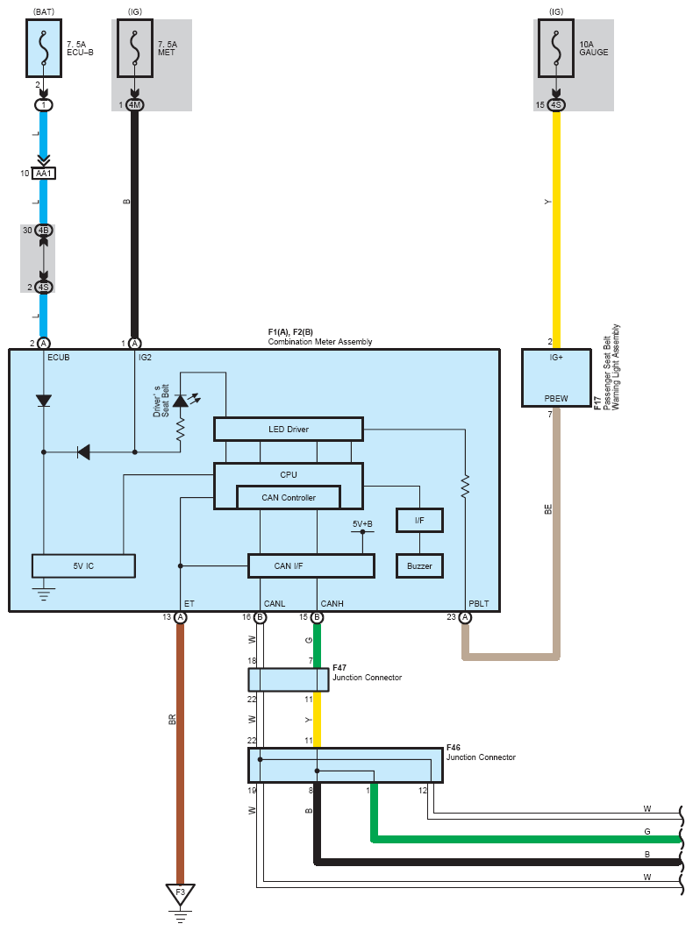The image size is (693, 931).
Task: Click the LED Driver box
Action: click(288, 429)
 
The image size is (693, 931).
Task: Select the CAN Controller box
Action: click(288, 497)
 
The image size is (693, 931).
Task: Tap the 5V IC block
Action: click(83, 565)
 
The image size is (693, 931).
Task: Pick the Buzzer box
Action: click(419, 565)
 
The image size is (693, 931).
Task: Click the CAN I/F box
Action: click(311, 565)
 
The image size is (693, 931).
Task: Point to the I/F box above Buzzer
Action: click(419, 521)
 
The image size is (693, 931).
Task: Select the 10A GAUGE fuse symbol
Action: click(555, 46)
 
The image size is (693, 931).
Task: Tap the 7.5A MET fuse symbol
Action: click(134, 46)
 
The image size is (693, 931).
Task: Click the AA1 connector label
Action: click(44, 174)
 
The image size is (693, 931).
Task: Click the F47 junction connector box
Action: click(289, 679)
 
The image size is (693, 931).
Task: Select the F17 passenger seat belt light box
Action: click(555, 378)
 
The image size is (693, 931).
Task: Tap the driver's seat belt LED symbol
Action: click(181, 401)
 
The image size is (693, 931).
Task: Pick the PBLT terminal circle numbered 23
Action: click(465, 617)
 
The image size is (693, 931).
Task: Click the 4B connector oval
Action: click(43, 231)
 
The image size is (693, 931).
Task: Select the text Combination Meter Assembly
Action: click(320, 342)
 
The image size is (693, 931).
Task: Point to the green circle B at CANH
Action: click(317, 617)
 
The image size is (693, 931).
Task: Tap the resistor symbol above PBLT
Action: click(465, 487)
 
